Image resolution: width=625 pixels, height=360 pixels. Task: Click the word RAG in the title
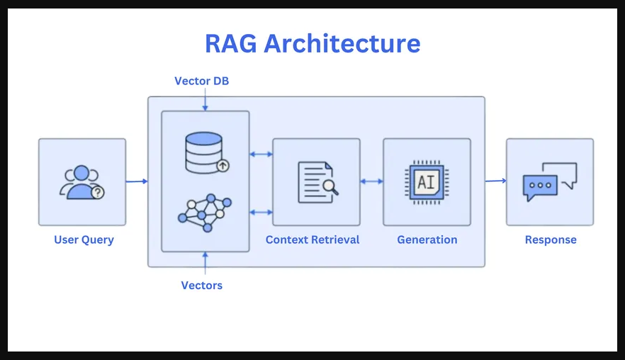point(231,44)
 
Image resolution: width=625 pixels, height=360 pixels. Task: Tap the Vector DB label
point(202,81)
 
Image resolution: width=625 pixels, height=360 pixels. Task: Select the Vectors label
point(202,286)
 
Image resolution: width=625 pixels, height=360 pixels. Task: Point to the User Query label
point(84,240)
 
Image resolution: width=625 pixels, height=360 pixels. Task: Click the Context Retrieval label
point(312,240)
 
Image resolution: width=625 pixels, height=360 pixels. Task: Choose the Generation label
point(427,240)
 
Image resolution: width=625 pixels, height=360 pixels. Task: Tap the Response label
point(551,240)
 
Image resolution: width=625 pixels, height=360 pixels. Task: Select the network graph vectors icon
point(205,212)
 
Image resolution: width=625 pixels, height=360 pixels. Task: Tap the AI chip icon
point(426,182)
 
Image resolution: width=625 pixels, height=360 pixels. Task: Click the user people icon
point(81,182)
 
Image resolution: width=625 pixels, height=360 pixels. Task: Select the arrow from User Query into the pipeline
point(137,181)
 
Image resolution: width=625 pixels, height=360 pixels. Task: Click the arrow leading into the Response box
point(495,181)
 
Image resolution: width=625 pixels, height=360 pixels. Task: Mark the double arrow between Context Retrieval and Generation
point(371,181)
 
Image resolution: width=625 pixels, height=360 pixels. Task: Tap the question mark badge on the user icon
point(98,192)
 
